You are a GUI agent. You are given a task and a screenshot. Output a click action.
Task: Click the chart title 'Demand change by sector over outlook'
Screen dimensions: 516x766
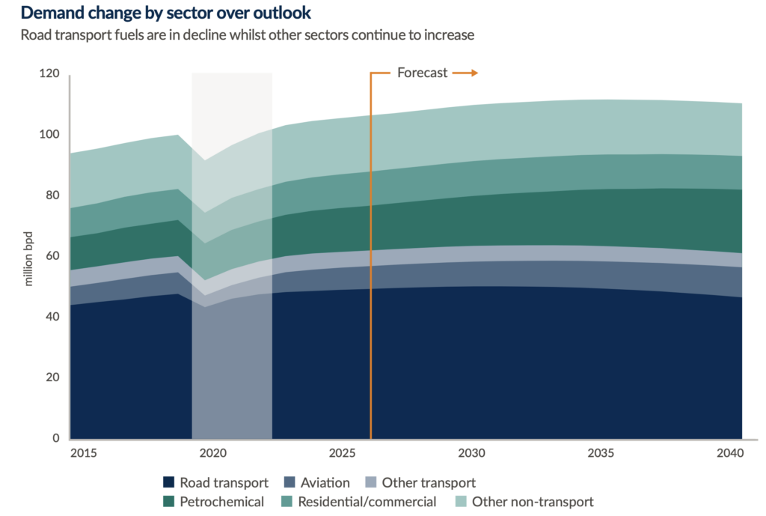166,13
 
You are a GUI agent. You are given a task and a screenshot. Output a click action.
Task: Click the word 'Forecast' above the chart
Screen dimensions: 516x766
422,73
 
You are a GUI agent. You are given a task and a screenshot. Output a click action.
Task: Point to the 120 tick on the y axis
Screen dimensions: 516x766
50,73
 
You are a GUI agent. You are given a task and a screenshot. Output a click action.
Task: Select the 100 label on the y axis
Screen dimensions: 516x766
50,135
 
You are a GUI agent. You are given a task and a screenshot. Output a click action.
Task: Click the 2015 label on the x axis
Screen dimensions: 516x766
84,454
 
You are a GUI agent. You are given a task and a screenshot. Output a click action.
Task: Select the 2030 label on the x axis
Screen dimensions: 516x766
472,454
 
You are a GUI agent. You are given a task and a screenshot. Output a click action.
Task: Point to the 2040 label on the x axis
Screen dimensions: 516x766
729,454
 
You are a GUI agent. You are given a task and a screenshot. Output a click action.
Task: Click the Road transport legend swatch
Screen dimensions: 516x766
170,483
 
